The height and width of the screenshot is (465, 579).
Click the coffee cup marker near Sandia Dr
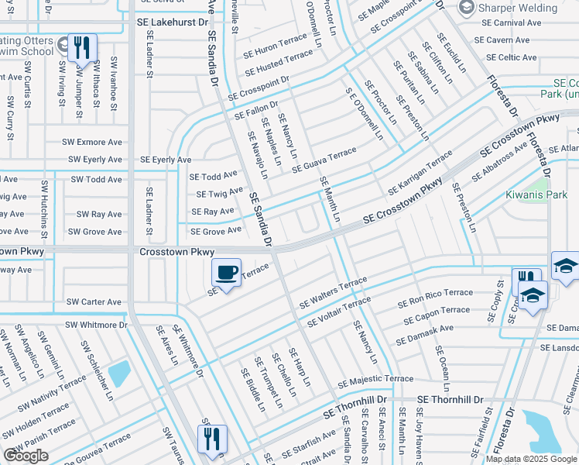(226, 273)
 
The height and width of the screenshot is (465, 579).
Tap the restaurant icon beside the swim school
(82, 48)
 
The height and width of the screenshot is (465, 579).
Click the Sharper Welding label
(517, 9)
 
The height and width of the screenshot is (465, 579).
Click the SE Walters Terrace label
(334, 292)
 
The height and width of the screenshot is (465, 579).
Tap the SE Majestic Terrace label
(375, 380)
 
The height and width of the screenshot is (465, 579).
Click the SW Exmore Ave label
(94, 143)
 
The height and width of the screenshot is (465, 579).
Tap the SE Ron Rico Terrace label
(435, 298)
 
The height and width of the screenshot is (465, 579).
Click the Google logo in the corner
(26, 456)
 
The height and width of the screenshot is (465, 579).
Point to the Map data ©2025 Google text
(530, 459)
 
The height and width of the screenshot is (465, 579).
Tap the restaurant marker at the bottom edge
(211, 439)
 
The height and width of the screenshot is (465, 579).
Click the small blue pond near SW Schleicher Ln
(118, 374)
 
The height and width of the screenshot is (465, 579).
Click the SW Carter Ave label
(94, 301)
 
